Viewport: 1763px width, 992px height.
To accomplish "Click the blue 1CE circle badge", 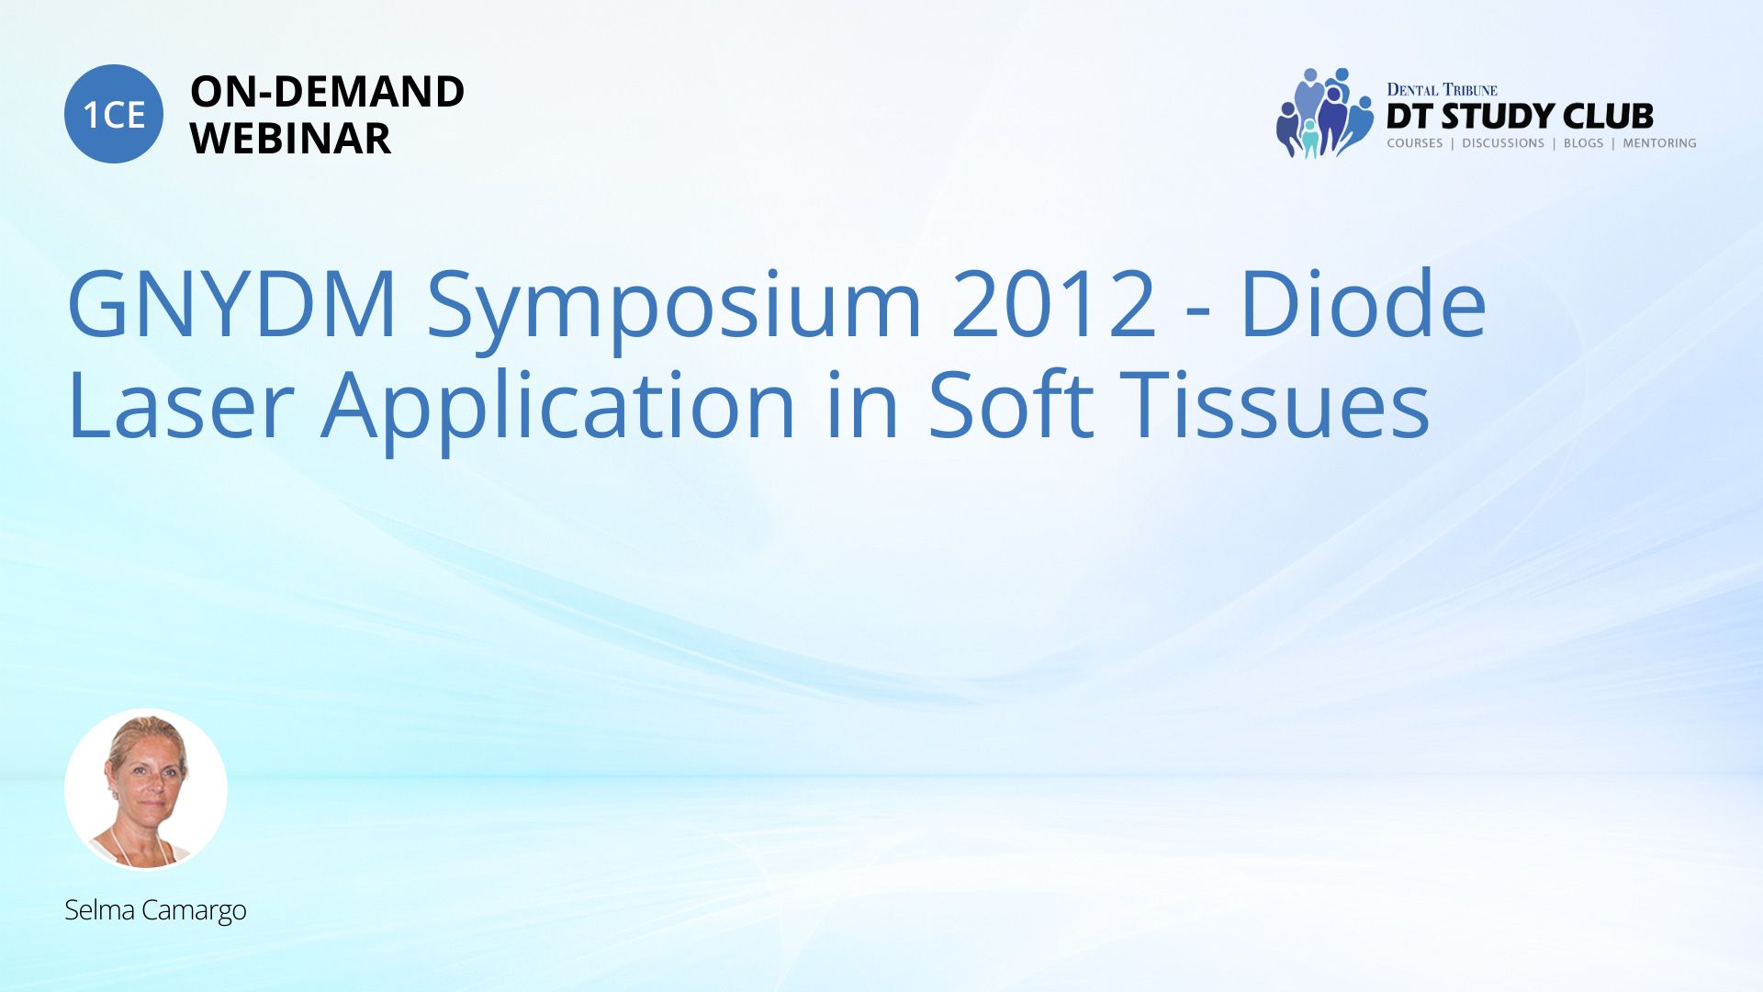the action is [114, 114].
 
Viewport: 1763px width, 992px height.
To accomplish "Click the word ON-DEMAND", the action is [327, 92].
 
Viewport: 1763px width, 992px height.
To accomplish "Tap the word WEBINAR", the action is [290, 139].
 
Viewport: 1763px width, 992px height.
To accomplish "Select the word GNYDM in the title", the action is [231, 304].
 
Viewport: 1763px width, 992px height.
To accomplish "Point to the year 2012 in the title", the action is [1054, 304].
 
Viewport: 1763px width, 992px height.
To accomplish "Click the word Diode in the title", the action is [1364, 302].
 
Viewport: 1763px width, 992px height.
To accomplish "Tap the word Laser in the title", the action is [181, 405].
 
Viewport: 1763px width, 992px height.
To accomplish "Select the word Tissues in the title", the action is [1276, 403].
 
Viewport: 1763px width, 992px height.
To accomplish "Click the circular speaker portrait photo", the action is [146, 790].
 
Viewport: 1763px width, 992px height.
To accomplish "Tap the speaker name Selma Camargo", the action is [155, 910].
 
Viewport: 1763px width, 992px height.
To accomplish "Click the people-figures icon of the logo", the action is [1323, 113].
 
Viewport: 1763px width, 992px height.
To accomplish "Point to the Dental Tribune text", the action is [1442, 90].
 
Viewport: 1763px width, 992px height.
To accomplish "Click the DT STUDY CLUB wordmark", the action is [1520, 117].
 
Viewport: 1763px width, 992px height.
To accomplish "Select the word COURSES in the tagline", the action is [1414, 143].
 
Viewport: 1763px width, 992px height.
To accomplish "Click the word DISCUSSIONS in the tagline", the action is [1503, 143].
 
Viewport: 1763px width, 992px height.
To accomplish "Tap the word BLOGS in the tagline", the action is [1583, 143].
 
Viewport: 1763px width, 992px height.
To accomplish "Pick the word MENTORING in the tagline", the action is [1659, 143].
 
